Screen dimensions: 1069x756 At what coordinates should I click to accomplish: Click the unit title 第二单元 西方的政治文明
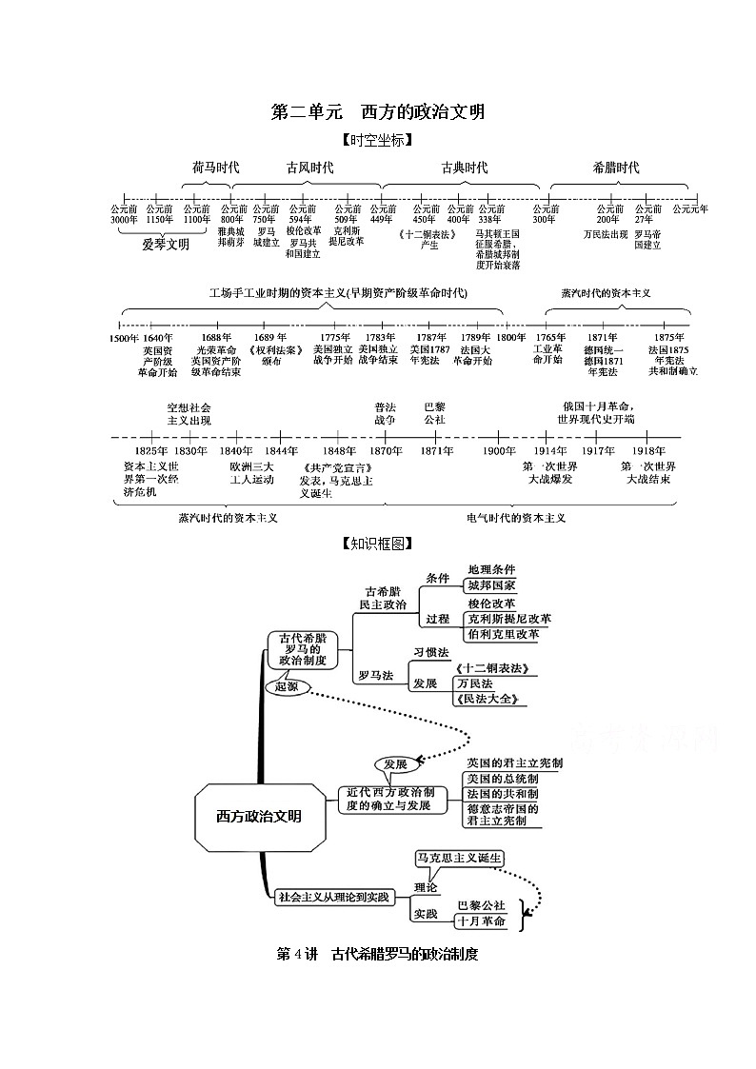coord(378,112)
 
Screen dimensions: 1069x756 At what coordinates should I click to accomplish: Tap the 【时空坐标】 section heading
coord(377,140)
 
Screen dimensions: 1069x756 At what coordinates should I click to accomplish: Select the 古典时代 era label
coord(464,168)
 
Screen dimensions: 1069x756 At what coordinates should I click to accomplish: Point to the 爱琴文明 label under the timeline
coord(166,244)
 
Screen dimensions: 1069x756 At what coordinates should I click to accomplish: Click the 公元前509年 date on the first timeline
coord(347,214)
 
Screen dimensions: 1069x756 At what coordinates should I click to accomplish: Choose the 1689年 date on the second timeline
coord(270,337)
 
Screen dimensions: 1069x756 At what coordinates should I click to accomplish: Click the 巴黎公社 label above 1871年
coord(434,412)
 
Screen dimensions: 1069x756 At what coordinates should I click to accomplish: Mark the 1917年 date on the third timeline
coord(598,450)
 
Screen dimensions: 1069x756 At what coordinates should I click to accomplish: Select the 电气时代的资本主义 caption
coord(516,518)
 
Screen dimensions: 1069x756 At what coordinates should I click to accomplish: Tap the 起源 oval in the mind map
coord(286,685)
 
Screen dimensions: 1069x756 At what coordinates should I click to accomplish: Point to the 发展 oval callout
coord(395,764)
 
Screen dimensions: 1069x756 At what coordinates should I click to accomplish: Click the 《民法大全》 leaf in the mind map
coord(490,700)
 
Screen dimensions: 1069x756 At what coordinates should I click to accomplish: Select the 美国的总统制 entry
coord(502,779)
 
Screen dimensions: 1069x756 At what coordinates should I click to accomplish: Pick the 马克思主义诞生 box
coord(459,858)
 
